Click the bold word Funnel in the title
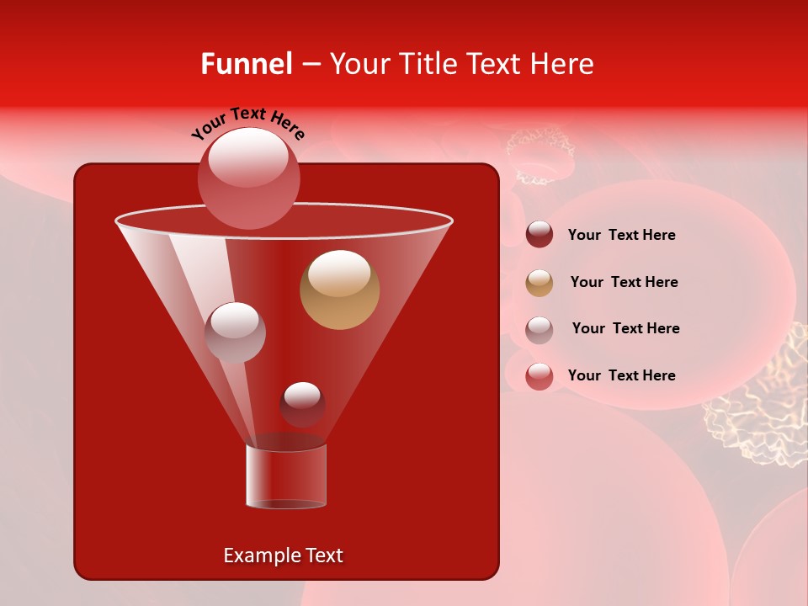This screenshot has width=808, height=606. (x=246, y=64)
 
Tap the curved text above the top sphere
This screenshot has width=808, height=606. (x=247, y=123)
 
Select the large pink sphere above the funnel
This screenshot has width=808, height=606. (x=249, y=178)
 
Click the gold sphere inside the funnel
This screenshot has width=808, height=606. (x=340, y=290)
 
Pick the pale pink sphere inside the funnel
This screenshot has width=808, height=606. (x=235, y=332)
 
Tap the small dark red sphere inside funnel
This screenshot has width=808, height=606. (x=302, y=405)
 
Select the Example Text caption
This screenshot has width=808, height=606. (x=284, y=555)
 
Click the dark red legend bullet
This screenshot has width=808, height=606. (x=540, y=235)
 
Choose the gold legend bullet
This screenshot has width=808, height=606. (x=540, y=283)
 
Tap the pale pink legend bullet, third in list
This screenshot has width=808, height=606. (x=540, y=330)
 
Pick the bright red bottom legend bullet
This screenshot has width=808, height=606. (x=540, y=376)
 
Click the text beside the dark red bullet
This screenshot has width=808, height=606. (x=621, y=236)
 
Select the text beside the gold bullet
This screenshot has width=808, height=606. (x=624, y=283)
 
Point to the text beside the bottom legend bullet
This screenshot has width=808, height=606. (x=621, y=375)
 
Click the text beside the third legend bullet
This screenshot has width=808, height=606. (x=625, y=329)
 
